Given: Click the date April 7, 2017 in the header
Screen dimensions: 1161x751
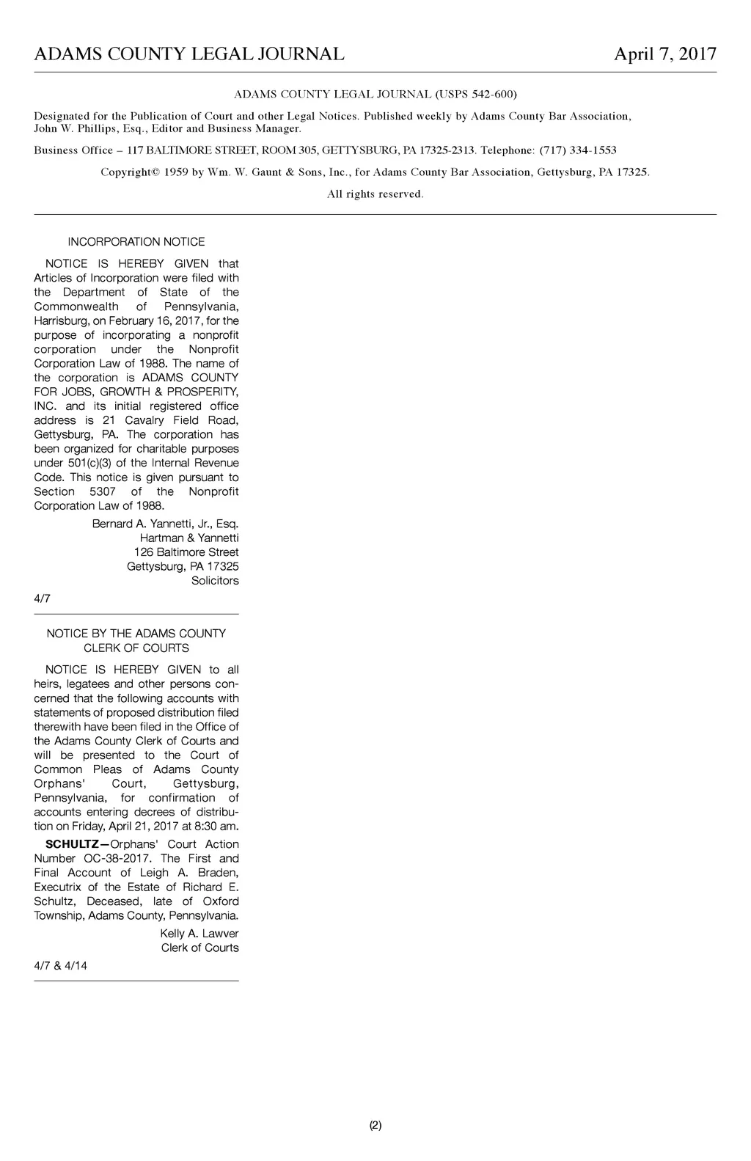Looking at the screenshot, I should point(664,54).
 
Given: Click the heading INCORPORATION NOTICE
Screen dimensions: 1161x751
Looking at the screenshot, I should point(136,242).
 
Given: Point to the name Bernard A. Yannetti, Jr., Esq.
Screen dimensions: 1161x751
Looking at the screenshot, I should point(165,524).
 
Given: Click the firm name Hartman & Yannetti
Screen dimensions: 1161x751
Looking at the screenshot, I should point(189,538).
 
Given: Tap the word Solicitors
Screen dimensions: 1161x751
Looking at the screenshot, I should point(215,581).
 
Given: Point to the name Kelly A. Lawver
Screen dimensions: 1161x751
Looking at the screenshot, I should point(199,934).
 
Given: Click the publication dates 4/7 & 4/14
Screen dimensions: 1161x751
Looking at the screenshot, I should point(60,966).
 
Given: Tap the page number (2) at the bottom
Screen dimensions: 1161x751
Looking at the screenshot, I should point(375,1125).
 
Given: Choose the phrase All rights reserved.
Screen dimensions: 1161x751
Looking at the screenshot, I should point(375,194).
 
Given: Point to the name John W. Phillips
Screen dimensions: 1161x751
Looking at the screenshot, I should point(67,128).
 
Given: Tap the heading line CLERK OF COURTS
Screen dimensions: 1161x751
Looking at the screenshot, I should point(136,648).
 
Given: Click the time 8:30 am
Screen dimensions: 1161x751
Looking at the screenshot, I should point(216,827).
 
